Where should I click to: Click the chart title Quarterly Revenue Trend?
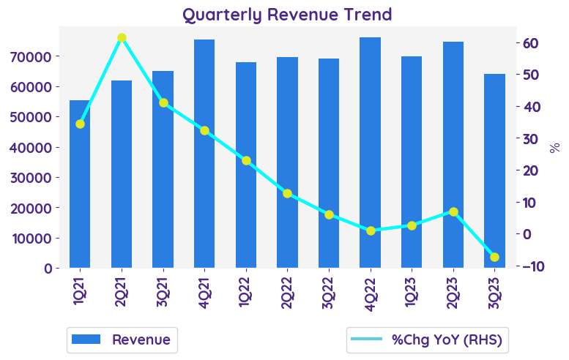(x=286, y=15)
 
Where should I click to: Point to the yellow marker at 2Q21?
(x=122, y=37)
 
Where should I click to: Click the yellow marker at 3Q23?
(x=494, y=257)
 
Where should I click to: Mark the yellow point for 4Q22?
(x=371, y=230)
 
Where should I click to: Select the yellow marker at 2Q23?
(x=453, y=211)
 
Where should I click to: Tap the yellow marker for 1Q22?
(x=246, y=160)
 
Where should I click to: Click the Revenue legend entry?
(x=122, y=340)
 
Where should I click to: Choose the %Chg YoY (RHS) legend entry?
(x=429, y=340)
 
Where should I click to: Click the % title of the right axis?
(x=554, y=148)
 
